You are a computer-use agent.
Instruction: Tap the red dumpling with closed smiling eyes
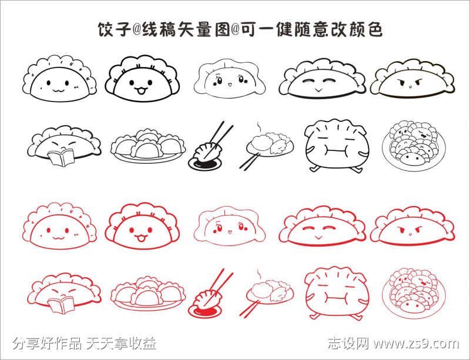pos(321,226)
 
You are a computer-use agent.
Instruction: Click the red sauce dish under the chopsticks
pos(200,308)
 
